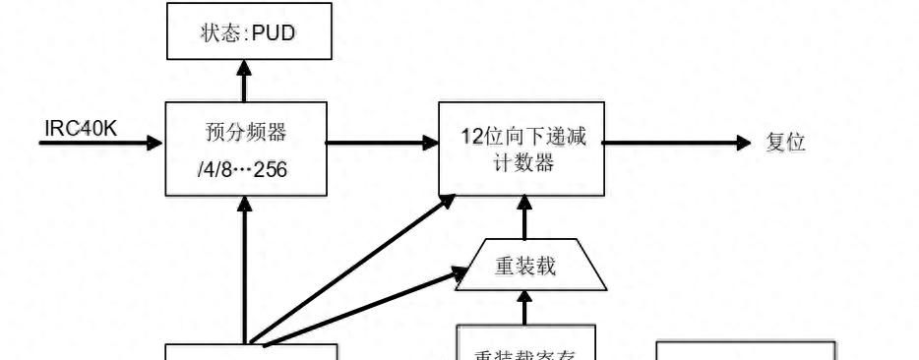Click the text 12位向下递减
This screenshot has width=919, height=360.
pos(522,137)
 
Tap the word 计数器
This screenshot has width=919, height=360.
pos(522,163)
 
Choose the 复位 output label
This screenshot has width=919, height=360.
pos(785,143)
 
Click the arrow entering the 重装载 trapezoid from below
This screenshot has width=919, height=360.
pos(523,309)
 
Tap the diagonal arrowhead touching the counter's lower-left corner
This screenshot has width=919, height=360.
pos(448,200)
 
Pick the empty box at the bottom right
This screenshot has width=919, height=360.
pos(746,350)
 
